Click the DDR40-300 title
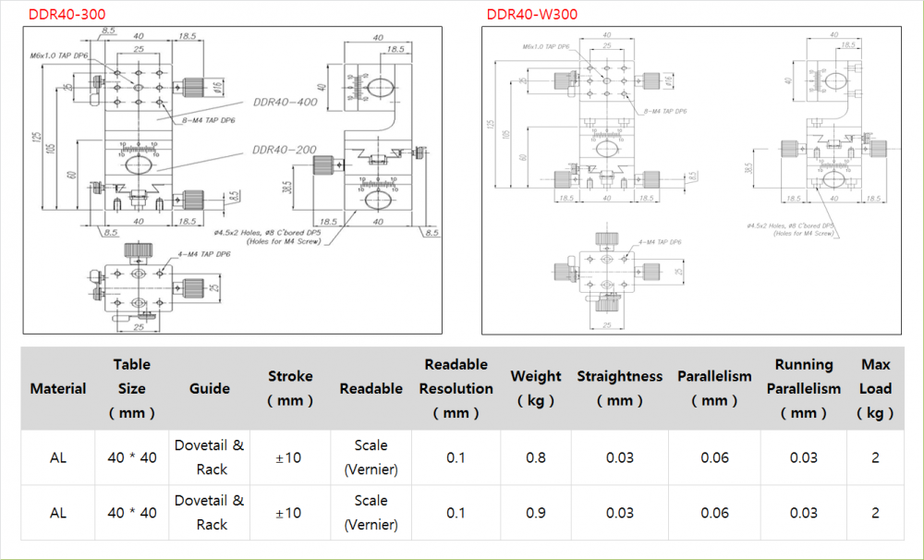(67, 14)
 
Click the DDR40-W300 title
(533, 14)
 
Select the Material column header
(58, 389)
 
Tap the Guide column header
(210, 389)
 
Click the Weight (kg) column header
(535, 388)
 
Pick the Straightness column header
(619, 388)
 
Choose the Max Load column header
(875, 389)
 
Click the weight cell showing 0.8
(535, 457)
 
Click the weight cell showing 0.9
(535, 513)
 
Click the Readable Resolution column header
(456, 388)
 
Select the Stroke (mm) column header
(290, 388)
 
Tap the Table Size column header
(132, 388)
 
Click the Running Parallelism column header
(803, 388)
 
